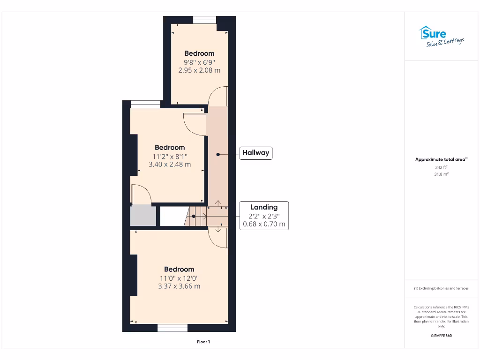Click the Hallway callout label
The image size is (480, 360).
[x=256, y=153]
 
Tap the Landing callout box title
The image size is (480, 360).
[x=264, y=207]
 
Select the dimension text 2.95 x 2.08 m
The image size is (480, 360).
[x=199, y=70]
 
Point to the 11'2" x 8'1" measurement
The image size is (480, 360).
[x=170, y=156]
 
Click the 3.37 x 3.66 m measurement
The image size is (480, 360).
[x=179, y=286]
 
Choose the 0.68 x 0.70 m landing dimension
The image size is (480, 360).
[x=264, y=224]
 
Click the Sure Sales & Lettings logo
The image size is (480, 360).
[x=441, y=37]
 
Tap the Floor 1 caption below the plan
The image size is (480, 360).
[x=203, y=342]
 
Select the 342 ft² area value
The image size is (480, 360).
[x=441, y=167]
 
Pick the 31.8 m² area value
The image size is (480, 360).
[x=441, y=174]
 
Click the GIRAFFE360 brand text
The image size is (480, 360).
[x=441, y=336]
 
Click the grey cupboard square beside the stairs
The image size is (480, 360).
[x=143, y=216]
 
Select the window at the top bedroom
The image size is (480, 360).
[x=204, y=20]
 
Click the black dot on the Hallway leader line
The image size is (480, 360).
[x=218, y=153]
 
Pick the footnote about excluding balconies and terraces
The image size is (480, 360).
[x=441, y=288]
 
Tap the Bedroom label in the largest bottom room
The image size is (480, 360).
[x=179, y=269]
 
